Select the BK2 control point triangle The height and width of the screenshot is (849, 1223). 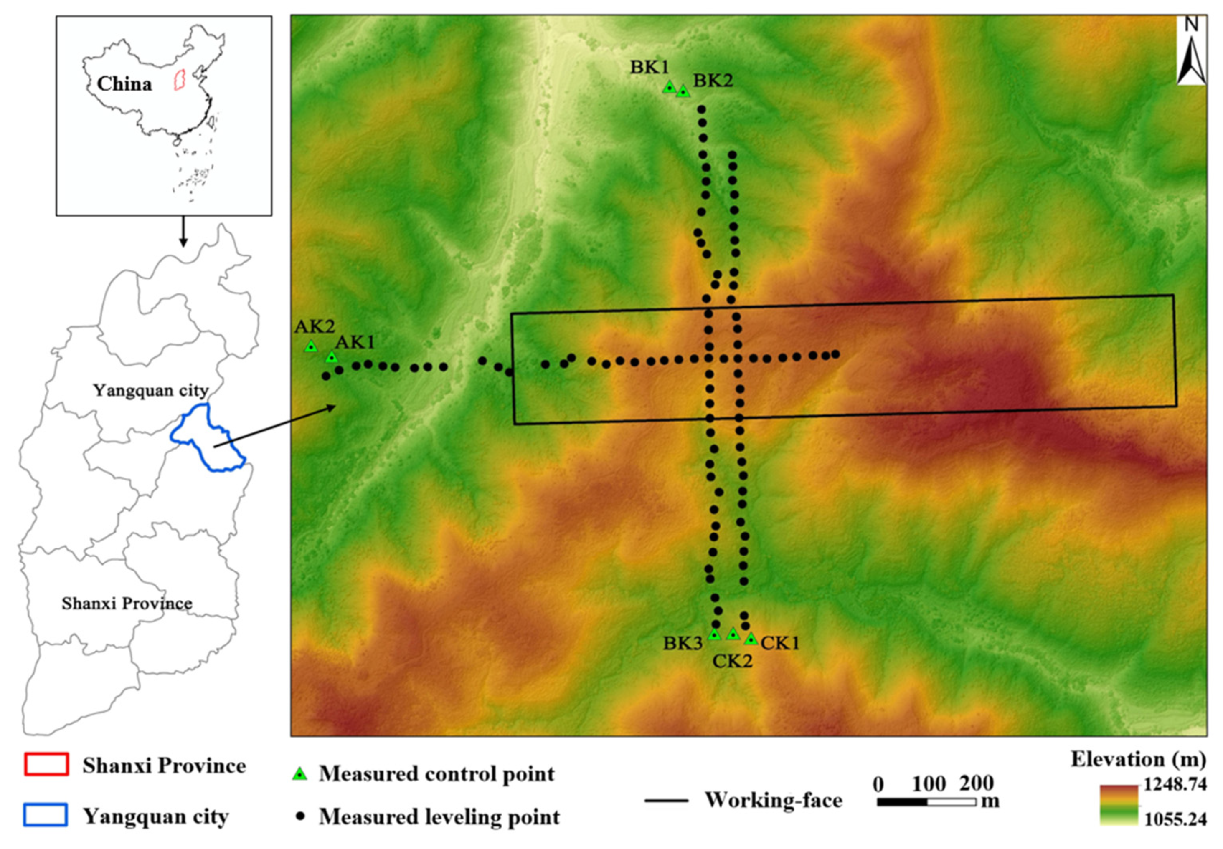tap(683, 91)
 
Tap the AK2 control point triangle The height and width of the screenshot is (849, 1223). tap(311, 347)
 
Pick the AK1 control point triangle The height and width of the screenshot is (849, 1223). tap(332, 357)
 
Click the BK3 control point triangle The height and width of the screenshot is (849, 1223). tap(714, 634)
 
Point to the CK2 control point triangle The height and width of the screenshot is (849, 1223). tap(733, 634)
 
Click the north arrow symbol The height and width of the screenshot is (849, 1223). tap(1191, 53)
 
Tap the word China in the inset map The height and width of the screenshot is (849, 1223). tap(124, 84)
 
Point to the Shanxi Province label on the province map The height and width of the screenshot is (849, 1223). tap(127, 603)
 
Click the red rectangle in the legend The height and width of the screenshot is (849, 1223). tap(46, 764)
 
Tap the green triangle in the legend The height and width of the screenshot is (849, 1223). tap(301, 774)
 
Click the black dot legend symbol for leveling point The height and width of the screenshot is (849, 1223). tap(301, 816)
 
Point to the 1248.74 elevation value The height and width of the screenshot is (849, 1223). tap(1176, 784)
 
